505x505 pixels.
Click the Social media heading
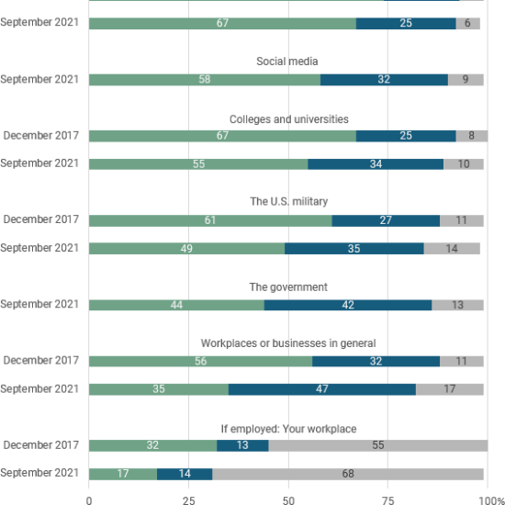[287, 62]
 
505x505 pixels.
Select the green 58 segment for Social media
[205, 80]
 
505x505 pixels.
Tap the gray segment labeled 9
[466, 80]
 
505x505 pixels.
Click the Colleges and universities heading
[289, 119]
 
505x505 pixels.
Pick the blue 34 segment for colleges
[376, 164]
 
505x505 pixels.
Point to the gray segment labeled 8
[472, 136]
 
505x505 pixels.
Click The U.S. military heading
[289, 201]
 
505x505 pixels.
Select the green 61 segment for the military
[210, 220]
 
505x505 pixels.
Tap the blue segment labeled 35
[354, 248]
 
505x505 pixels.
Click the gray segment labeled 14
[452, 248]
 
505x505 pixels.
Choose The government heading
[288, 287]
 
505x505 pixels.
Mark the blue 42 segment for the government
[348, 305]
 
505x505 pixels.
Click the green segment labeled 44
[177, 305]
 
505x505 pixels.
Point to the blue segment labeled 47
[322, 389]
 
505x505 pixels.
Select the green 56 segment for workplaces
[201, 361]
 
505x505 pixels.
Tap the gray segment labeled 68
[348, 474]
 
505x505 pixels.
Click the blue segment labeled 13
[242, 445]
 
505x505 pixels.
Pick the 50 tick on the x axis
[288, 500]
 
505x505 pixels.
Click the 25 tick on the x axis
[189, 500]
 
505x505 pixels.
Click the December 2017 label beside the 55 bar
[41, 445]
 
